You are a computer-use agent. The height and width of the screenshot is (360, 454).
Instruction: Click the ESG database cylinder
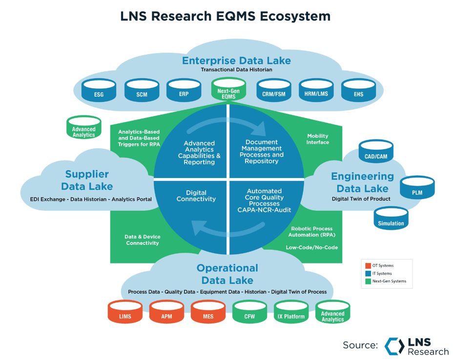[x=99, y=90]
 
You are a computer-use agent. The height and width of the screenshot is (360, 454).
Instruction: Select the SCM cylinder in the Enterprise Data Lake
[x=141, y=90]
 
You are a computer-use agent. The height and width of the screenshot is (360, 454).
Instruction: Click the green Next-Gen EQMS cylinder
[x=227, y=91]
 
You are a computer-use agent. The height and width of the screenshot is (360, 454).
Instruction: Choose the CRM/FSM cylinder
[x=274, y=90]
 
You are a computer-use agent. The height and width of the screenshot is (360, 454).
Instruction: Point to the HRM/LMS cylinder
[x=316, y=90]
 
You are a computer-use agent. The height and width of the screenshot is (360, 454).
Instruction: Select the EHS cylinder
[x=358, y=90]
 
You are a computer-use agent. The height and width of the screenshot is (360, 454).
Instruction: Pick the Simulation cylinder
[x=391, y=220]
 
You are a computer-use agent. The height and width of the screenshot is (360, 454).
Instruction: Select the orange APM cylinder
[x=166, y=313]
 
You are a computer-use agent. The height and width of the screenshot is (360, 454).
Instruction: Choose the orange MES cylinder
[x=208, y=313]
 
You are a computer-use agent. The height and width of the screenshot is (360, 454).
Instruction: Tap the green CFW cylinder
[x=250, y=313]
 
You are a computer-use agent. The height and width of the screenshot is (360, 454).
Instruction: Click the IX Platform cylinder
[x=291, y=313]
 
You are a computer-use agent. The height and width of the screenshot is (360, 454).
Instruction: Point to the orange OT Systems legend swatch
[x=368, y=266]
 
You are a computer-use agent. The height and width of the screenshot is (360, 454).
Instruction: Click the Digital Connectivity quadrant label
[x=196, y=196]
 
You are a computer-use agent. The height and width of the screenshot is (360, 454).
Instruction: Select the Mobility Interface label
[x=318, y=139]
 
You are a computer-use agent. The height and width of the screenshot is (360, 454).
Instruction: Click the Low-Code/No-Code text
[x=312, y=247]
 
